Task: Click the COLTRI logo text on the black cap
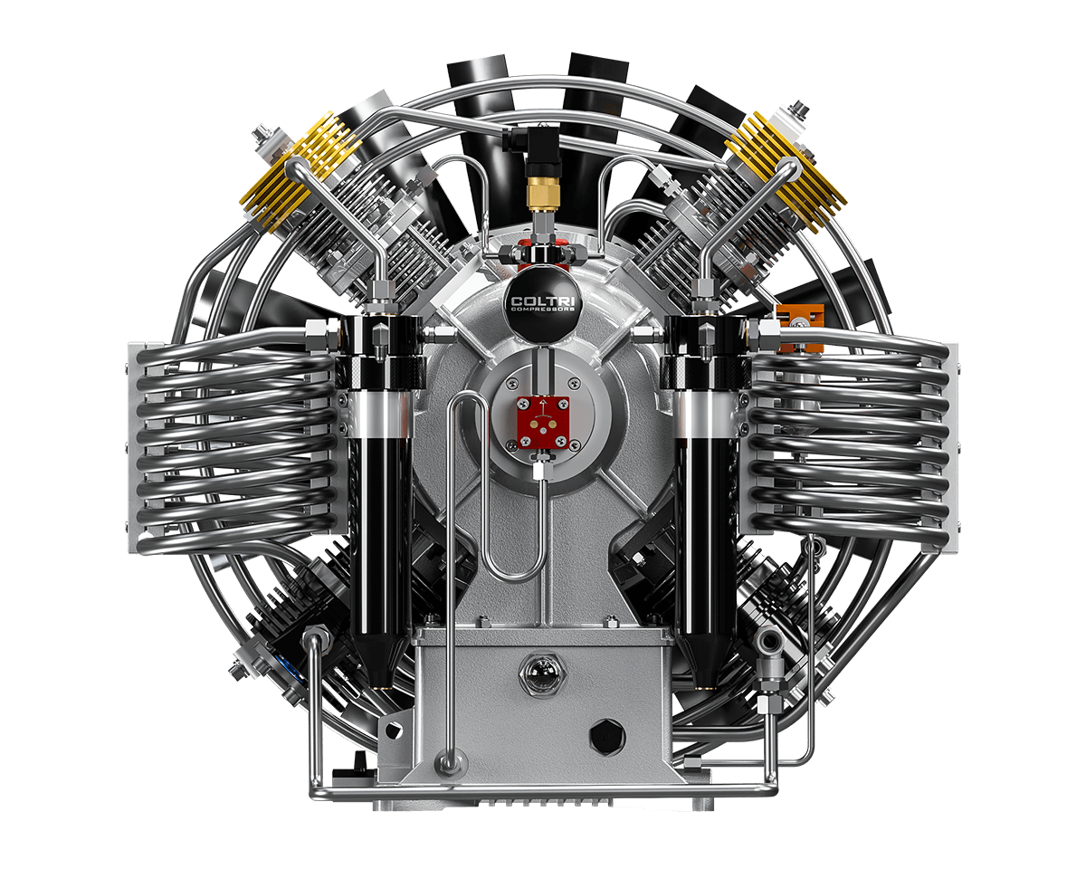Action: point(542,301)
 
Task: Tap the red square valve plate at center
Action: point(542,422)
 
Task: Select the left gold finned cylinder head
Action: point(300,171)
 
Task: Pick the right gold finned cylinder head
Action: point(786,171)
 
